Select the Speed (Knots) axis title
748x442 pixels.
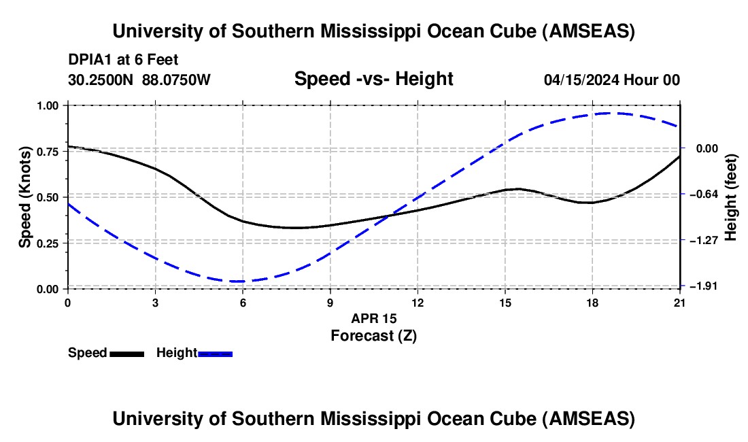pyautogui.click(x=25, y=197)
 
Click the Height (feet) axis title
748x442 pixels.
pyautogui.click(x=731, y=197)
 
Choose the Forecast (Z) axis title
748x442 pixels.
pyautogui.click(x=373, y=335)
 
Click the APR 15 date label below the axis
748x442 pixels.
pyautogui.click(x=373, y=318)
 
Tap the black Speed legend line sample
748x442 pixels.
pyautogui.click(x=126, y=354)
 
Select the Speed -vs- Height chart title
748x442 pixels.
pyautogui.click(x=373, y=79)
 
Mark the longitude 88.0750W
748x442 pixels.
pyautogui.click(x=176, y=80)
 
